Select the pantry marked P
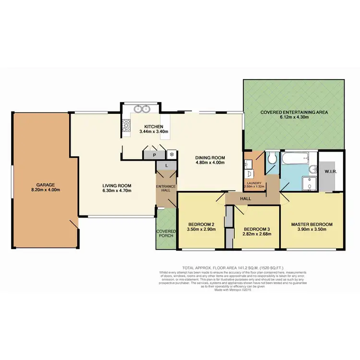[x=154, y=155]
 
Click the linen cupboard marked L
[x=166, y=166]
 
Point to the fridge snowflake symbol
[x=171, y=155]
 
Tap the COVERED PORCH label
[x=166, y=234]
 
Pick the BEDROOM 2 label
[x=201, y=224]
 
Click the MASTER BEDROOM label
[x=312, y=224]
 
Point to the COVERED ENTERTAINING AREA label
[x=294, y=112]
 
